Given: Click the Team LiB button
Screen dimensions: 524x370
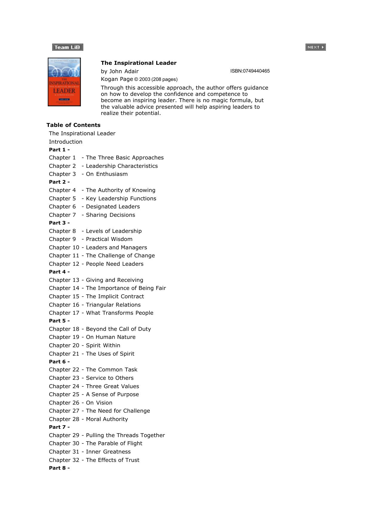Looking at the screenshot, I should click(67, 47).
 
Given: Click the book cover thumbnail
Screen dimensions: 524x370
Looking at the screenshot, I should click(64, 82).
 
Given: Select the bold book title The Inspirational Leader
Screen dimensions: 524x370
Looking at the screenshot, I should click(138, 63).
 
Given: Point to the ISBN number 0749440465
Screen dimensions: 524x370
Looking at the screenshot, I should click(250, 71).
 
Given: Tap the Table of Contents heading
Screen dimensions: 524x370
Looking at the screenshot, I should click(73, 125).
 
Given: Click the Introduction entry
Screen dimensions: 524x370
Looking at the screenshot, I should click(66, 142).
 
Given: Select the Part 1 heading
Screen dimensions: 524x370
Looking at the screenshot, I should click(59, 150).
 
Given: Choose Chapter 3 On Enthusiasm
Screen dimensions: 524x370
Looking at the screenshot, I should click(107, 174).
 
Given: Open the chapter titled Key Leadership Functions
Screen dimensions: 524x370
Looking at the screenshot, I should click(121, 199).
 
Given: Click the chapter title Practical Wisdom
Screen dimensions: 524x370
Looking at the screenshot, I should click(109, 239).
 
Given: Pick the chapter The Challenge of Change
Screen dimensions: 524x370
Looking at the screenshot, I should click(120, 256).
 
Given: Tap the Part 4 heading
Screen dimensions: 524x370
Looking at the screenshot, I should click(59, 272).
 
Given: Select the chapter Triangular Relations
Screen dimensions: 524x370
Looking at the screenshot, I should click(113, 305).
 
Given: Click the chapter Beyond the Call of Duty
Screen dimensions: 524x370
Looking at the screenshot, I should click(118, 329).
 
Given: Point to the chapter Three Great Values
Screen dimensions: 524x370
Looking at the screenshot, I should click(112, 386).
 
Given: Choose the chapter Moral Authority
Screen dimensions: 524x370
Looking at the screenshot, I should click(107, 419).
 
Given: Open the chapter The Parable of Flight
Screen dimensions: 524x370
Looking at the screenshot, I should click(114, 443).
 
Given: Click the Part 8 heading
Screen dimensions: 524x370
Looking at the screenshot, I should click(59, 468).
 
